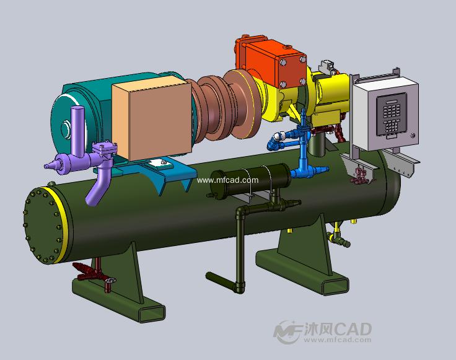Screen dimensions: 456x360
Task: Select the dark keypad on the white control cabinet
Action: coord(391,115)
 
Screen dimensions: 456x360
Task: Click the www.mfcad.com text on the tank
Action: coord(227,180)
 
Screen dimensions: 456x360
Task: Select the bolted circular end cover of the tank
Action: coord(42,226)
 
